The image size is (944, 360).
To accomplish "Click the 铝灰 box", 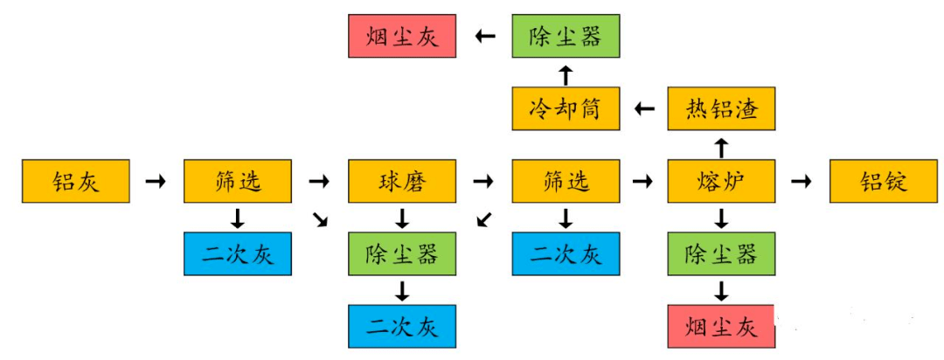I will click(75, 181).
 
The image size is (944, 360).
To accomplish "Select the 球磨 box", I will click(401, 181).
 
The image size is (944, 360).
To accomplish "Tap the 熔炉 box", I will click(721, 181).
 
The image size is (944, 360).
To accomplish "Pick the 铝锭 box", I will click(882, 181).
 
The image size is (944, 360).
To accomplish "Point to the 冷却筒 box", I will click(566, 109).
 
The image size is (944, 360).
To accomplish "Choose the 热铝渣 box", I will click(721, 109).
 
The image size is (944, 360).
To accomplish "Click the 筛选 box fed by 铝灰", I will click(237, 181).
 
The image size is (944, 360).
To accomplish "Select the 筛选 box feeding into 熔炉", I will click(566, 181).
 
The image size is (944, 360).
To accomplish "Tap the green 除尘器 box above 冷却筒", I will click(566, 36).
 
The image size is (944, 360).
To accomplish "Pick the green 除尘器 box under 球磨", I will click(401, 254).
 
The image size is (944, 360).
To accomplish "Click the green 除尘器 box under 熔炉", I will click(721, 254).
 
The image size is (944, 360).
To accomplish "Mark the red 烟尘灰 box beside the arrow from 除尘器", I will click(401, 36).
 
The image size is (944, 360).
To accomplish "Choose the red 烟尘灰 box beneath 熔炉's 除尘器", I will click(721, 327).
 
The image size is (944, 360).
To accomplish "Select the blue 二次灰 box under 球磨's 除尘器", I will click(401, 327).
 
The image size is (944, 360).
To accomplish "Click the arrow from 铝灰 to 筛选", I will click(155, 182).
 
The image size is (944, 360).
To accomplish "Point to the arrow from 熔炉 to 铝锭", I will click(801, 182).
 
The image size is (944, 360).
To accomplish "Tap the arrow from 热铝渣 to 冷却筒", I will click(644, 109).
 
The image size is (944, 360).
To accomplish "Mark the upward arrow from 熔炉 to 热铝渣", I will click(721, 146).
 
